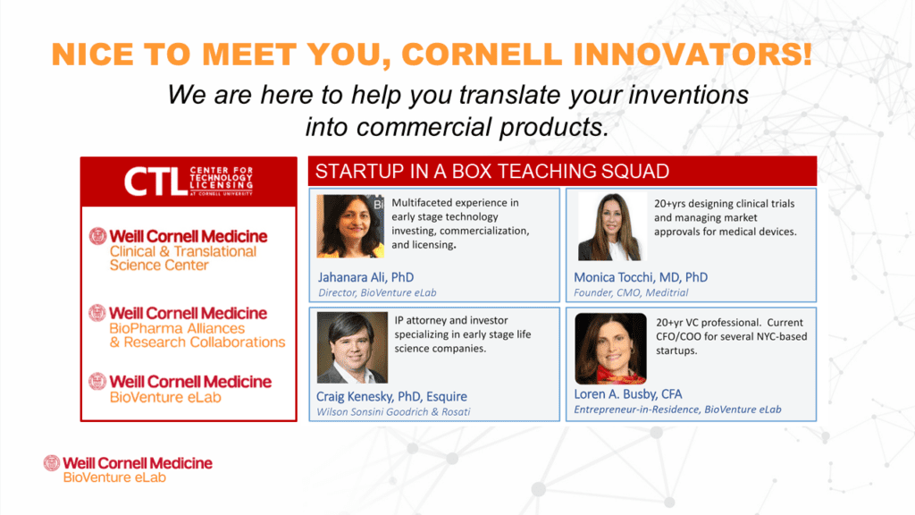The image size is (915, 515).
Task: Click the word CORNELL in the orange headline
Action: [482, 55]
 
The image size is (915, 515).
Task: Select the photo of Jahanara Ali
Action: [350, 226]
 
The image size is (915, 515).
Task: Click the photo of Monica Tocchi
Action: [612, 226]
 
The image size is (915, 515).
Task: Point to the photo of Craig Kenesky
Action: [352, 347]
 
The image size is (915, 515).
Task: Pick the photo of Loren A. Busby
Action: [610, 348]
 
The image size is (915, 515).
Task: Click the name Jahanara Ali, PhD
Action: [365, 277]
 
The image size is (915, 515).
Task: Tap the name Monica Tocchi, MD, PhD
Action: [641, 277]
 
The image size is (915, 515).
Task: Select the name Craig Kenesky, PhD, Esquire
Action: [391, 396]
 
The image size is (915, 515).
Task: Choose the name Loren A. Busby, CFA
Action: [628, 394]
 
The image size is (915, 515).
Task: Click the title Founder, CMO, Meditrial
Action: [631, 292]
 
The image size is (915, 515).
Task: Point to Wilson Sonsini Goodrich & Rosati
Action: [393, 411]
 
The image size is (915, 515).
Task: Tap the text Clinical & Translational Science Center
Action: [182, 258]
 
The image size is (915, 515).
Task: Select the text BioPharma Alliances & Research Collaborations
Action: [197, 335]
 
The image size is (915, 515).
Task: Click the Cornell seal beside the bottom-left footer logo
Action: [52, 463]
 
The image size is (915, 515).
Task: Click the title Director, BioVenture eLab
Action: [377, 292]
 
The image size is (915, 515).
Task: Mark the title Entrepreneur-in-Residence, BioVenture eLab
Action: [677, 409]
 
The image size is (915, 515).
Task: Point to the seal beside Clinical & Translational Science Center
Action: [97, 236]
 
